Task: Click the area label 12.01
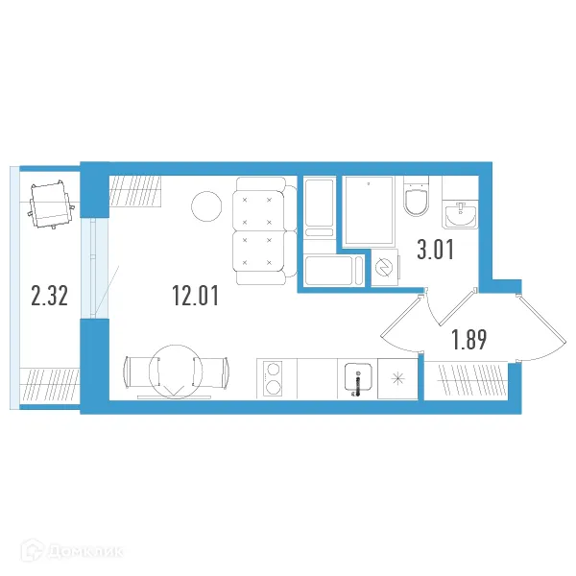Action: tap(196, 296)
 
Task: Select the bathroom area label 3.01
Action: tap(435, 252)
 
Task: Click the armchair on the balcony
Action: tap(51, 204)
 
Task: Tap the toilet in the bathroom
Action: tap(417, 198)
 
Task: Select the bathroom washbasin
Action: tap(461, 211)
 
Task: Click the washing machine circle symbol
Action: tap(385, 268)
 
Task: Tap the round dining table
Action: tap(178, 371)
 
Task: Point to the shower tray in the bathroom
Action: tap(369, 210)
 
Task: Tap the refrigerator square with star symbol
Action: tap(397, 380)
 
